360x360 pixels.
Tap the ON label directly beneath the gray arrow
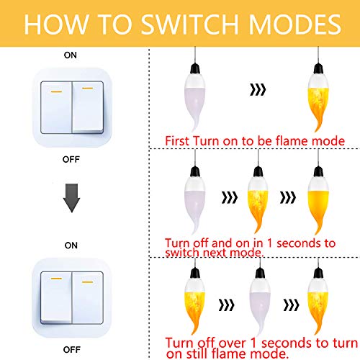[71, 246]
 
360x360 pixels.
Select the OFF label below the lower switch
[71, 348]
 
